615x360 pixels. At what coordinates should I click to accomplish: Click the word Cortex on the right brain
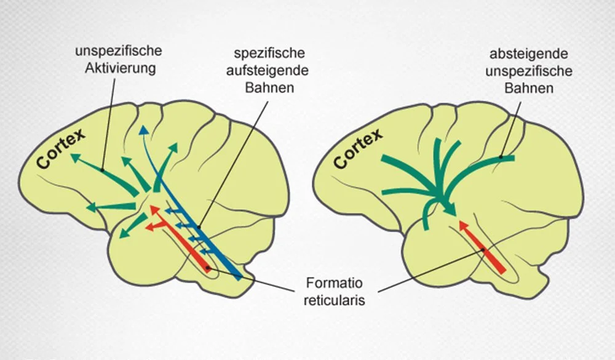tap(359, 148)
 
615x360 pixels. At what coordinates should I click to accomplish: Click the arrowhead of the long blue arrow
tap(143, 129)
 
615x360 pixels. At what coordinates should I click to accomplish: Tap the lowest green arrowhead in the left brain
tap(122, 233)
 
